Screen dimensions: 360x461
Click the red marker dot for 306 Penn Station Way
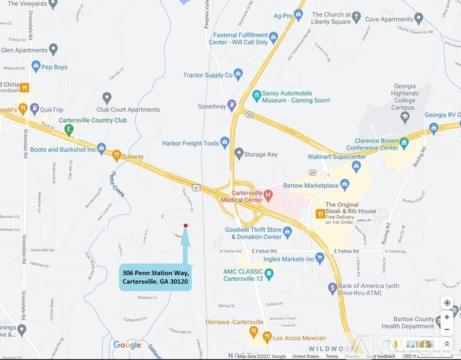pos(186,225)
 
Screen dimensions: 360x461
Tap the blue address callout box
pos(156,277)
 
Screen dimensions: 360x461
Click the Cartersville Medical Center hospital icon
pos(268,194)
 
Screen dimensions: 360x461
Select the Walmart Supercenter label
pos(336,157)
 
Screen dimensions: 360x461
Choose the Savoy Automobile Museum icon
pos(256,94)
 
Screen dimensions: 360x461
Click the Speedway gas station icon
pos(231,105)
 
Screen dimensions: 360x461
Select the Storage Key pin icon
pos(239,153)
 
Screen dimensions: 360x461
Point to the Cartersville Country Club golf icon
pos(68,130)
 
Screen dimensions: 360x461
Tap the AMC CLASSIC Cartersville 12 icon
pos(269,274)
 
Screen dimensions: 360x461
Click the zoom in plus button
pos(447,317)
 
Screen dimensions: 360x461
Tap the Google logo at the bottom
pos(127,345)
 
